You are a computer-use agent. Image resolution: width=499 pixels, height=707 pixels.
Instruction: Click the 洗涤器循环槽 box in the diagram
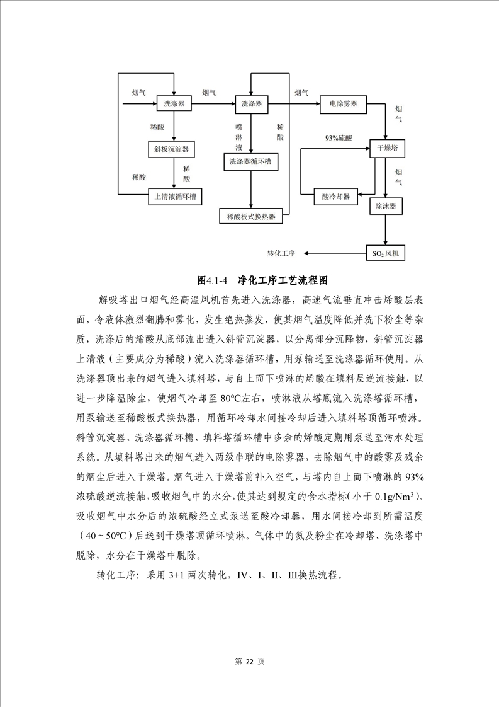(x=250, y=162)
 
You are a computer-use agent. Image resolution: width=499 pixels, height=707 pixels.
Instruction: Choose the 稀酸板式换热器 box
(x=251, y=216)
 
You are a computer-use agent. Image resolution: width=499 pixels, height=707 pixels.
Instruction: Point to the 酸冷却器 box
(x=335, y=196)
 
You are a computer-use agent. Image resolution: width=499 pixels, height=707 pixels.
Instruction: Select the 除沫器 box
(x=386, y=206)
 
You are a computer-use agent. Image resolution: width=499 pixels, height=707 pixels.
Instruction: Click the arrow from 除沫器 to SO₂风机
(x=386, y=230)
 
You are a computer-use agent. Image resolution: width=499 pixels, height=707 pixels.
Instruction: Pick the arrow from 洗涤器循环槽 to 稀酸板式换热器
(x=251, y=189)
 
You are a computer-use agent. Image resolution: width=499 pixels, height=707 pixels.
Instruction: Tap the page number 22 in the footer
(x=249, y=662)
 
